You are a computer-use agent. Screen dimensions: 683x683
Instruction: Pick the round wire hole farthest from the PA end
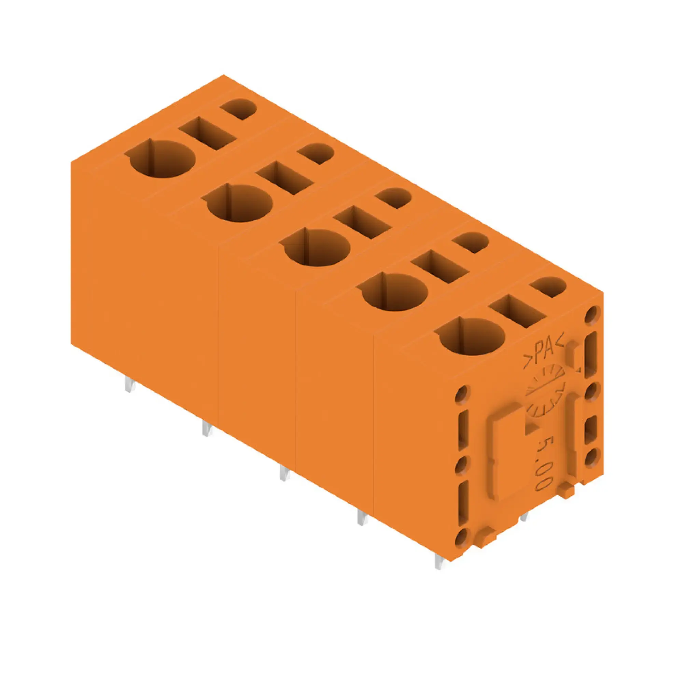click(162, 159)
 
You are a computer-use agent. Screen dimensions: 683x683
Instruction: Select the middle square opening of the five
click(363, 222)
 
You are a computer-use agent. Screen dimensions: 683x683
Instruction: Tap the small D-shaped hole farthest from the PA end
click(239, 108)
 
